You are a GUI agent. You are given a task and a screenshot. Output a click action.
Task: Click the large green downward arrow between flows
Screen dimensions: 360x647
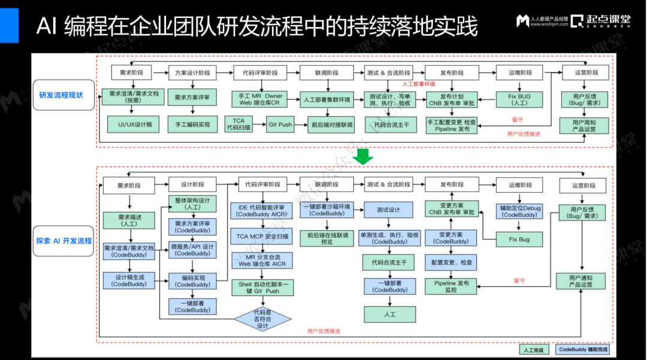click(x=363, y=157)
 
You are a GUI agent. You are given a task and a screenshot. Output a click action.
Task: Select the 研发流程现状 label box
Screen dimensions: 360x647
click(x=61, y=95)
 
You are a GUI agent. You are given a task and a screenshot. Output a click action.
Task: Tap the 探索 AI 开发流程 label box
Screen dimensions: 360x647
click(x=64, y=241)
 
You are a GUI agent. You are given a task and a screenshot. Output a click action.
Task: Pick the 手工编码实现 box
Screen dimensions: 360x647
click(x=192, y=124)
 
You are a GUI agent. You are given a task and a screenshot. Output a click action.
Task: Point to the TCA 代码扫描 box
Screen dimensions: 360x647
click(x=238, y=124)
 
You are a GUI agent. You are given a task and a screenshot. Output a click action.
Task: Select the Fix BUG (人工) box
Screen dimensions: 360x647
click(x=519, y=99)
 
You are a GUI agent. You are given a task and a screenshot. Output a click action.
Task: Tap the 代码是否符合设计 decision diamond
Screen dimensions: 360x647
click(x=262, y=318)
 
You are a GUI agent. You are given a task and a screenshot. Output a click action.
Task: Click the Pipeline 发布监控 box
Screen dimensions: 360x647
click(x=451, y=286)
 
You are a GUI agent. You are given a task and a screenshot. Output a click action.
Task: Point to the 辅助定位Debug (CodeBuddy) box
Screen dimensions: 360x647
click(x=519, y=211)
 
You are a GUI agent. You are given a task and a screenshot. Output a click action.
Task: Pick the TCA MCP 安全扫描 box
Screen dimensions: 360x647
click(x=262, y=237)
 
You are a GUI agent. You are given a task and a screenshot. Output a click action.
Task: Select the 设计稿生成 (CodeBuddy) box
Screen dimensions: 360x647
click(x=129, y=280)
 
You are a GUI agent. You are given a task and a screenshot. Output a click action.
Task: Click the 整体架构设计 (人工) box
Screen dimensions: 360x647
click(x=192, y=204)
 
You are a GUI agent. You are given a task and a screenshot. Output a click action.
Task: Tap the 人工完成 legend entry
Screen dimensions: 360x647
click(x=533, y=350)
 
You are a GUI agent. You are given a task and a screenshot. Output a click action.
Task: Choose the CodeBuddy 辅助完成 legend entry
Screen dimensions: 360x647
click(x=583, y=350)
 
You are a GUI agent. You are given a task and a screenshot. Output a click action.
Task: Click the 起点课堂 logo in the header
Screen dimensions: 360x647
click(x=600, y=21)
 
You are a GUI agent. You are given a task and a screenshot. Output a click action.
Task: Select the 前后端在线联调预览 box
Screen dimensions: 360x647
click(x=327, y=238)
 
